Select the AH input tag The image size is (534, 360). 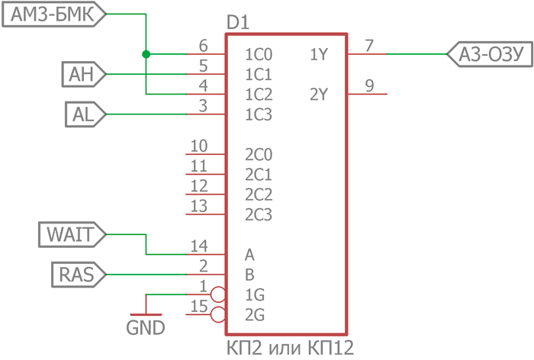[82, 74]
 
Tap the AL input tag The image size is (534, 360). [83, 114]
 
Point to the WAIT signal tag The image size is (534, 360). [71, 234]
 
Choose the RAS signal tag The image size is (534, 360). [76, 274]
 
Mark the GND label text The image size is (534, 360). [145, 329]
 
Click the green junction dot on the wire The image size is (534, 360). [146, 54]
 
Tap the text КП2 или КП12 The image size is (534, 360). [290, 348]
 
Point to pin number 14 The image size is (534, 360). [199, 246]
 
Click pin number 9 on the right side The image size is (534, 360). [369, 86]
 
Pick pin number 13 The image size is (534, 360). [199, 205]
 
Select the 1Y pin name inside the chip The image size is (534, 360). [319, 54]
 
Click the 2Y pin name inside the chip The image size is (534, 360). [319, 95]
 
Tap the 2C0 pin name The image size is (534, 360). [259, 155]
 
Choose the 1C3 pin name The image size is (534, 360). [259, 115]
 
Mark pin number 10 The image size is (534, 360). [199, 146]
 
